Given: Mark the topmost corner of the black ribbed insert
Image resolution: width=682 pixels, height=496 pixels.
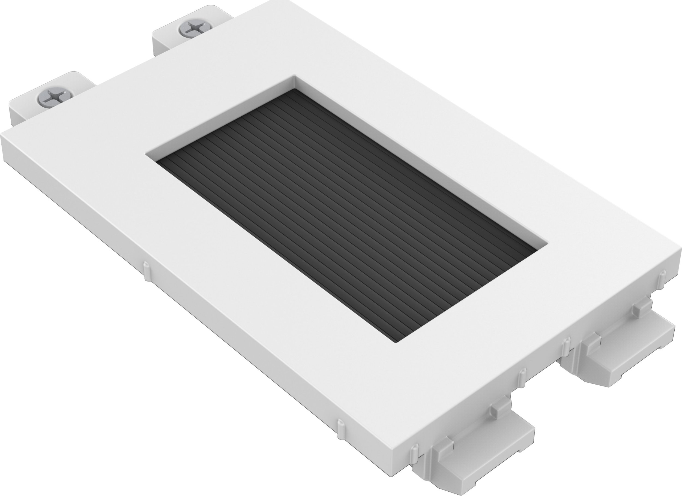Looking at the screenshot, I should pos(296,89).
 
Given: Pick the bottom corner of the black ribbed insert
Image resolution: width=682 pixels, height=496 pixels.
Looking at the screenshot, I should pos(397,341).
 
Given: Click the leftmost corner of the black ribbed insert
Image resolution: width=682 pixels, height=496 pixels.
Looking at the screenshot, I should pos(157,161).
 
